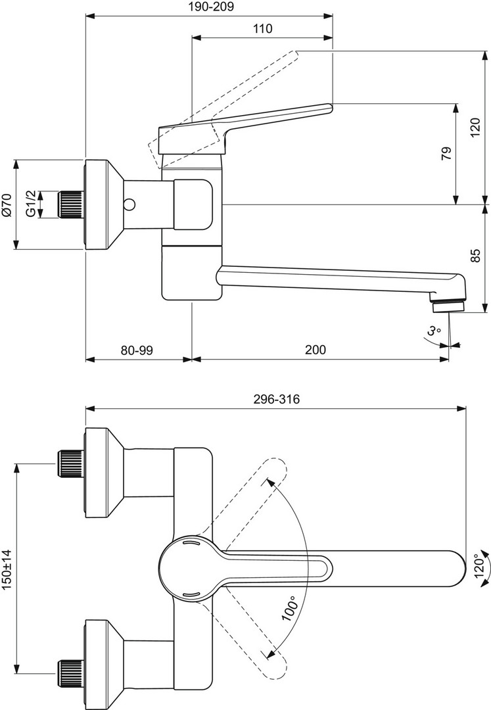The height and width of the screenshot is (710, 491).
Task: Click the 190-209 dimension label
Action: click(x=210, y=7)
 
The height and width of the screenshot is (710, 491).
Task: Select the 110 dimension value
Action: click(x=262, y=28)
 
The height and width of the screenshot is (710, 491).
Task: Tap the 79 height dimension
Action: click(x=446, y=154)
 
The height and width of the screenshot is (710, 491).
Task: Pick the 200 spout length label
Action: click(x=316, y=350)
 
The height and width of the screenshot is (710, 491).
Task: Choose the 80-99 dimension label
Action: click(x=137, y=350)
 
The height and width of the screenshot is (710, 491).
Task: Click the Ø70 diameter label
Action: click(x=7, y=205)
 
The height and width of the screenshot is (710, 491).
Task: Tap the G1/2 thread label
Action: click(x=30, y=204)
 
